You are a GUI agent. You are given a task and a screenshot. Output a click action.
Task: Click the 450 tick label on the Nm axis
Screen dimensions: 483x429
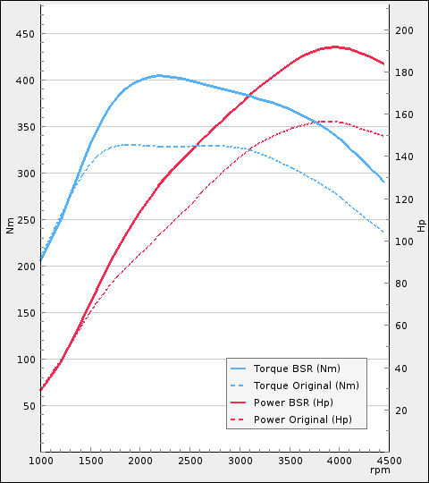[x=25, y=34]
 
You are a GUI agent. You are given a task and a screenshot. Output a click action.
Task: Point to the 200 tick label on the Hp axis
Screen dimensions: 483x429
[x=405, y=30]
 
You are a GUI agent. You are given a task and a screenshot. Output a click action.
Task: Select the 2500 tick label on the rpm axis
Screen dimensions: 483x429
[x=189, y=461]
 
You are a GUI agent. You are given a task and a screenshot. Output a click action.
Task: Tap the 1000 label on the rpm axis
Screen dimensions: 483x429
[x=41, y=461]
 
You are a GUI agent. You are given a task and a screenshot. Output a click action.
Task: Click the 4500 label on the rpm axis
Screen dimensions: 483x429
[x=388, y=461]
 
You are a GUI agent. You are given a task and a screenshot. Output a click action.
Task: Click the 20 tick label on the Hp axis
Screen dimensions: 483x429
[x=402, y=411]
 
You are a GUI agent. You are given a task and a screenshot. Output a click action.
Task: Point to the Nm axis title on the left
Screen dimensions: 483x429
[x=10, y=226]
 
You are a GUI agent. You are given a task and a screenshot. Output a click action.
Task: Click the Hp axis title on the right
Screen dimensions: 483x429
[x=421, y=226]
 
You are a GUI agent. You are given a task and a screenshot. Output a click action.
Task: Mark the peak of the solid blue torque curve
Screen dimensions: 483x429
[x=159, y=75]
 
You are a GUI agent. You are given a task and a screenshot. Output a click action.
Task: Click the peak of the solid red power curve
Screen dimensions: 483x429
[x=335, y=47]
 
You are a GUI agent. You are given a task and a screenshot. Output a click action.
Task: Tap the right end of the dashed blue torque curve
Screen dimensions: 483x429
[x=384, y=233]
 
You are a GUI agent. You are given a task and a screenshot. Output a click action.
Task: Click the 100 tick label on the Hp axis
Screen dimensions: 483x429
[x=405, y=241]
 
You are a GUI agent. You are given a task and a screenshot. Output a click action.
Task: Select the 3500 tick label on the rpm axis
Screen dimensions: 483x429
[x=289, y=461]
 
